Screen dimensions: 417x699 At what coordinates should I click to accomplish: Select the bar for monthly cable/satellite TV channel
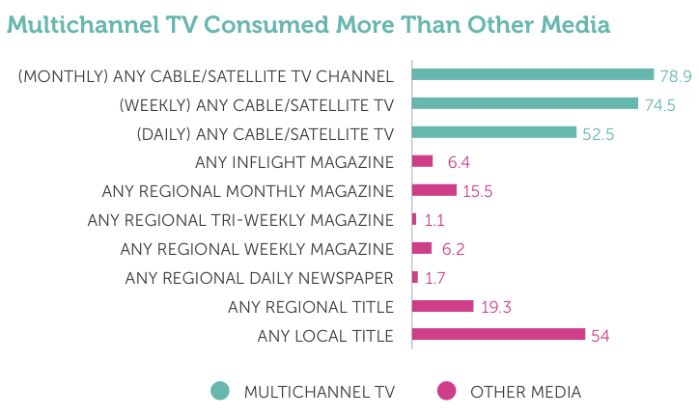533,74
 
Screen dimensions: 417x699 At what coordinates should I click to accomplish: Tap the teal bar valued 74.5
525,103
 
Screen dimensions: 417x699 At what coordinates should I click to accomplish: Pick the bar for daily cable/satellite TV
494,132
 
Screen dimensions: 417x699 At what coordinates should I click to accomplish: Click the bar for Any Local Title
498,335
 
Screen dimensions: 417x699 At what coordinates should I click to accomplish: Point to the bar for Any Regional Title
443,306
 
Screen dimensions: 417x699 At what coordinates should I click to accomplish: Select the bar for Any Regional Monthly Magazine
434,190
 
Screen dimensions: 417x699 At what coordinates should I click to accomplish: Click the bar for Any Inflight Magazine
423,161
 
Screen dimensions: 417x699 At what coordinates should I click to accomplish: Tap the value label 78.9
676,75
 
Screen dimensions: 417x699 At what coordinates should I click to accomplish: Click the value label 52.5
598,133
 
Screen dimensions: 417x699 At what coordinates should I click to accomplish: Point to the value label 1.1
433,220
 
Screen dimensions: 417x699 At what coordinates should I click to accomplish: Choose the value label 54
600,336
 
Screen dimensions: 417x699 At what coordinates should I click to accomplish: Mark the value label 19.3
494,307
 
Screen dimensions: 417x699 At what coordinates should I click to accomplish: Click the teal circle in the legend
220,391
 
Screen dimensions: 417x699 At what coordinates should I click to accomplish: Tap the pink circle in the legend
446,391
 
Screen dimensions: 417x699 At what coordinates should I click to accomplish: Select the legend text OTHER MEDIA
525,392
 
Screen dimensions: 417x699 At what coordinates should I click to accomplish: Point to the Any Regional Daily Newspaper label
259,278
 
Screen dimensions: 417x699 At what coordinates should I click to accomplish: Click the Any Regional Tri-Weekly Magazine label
240,220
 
